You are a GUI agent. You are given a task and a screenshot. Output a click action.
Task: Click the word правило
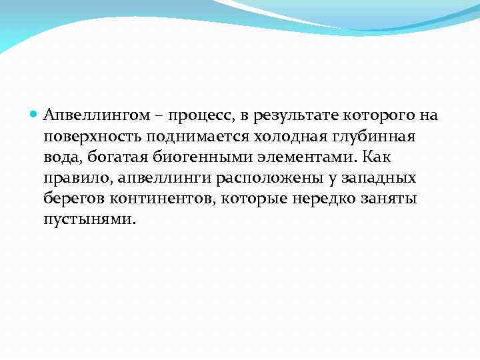pyautogui.click(x=77, y=179)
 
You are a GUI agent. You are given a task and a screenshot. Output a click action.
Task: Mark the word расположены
pyautogui.click(x=268, y=179)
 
